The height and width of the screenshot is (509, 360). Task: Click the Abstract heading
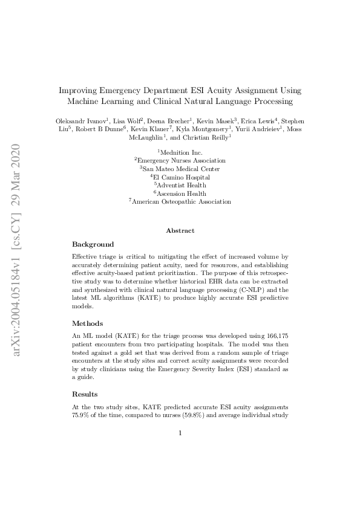[180, 230]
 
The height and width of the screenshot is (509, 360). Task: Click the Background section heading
[93, 244]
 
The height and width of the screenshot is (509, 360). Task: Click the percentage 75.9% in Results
[81, 417]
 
